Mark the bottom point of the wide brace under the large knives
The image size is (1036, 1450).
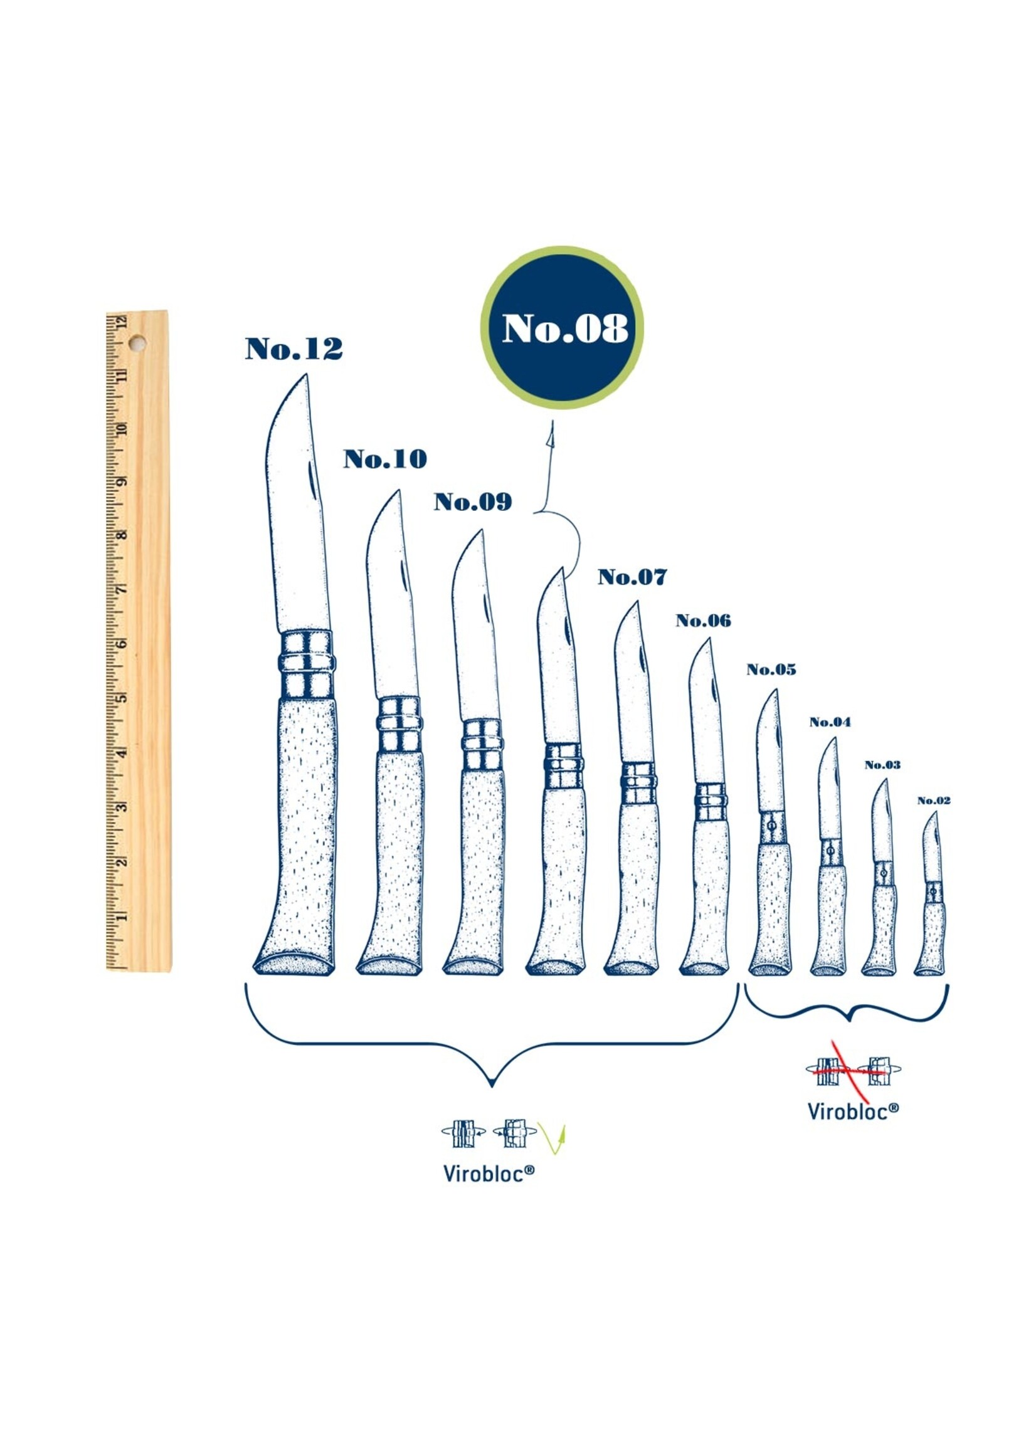tap(492, 1086)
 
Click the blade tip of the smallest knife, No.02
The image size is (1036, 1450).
tap(936, 812)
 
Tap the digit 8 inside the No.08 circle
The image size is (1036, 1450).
tap(613, 329)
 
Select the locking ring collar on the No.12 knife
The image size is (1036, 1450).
tap(306, 665)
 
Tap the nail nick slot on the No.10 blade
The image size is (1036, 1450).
tap(404, 575)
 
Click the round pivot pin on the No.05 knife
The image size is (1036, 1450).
tap(773, 825)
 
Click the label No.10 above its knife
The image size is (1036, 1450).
tap(385, 459)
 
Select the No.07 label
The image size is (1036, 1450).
tap(632, 577)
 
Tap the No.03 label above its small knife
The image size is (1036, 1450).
tap(882, 765)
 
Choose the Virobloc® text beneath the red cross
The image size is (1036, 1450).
tap(853, 1111)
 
